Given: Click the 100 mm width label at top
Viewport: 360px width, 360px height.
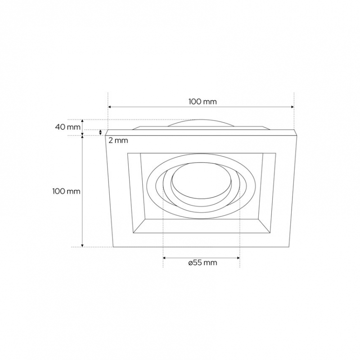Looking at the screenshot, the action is (202, 102).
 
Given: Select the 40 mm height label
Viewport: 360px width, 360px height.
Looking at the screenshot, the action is (68, 127).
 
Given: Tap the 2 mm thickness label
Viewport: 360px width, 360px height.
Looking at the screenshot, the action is (118, 140).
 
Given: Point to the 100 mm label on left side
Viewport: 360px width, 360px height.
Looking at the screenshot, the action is (66, 191).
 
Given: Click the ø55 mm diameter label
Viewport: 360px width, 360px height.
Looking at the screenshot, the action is (202, 262).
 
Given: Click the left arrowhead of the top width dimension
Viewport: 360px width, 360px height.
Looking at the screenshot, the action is (109, 107).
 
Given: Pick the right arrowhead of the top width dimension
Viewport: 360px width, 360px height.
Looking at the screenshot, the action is (292, 107).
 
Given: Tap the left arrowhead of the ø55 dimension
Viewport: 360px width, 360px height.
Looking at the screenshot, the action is (164, 258).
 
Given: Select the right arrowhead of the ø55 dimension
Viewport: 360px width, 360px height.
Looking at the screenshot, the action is (238, 258).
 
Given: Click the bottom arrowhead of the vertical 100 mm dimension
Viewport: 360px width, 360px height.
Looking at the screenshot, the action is (83, 245).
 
